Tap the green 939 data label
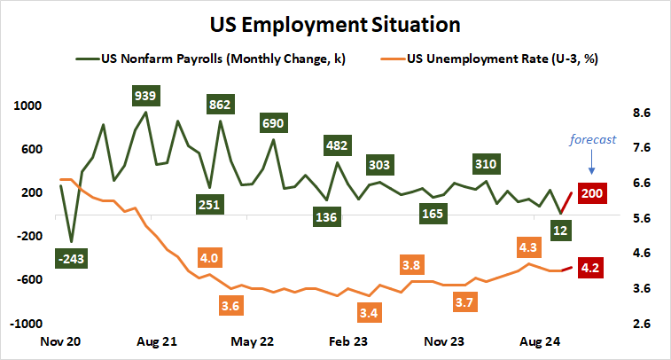tap(144, 95)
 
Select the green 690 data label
tap(273, 122)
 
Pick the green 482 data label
tap(337, 145)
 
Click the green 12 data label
tap(560, 231)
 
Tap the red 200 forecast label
tap(591, 193)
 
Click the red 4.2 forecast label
tap(591, 265)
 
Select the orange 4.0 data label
tap(209, 258)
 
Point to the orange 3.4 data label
tap(370, 312)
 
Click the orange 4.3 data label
tap(529, 246)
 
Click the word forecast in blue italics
tap(591, 138)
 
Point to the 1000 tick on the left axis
tap(28, 106)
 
